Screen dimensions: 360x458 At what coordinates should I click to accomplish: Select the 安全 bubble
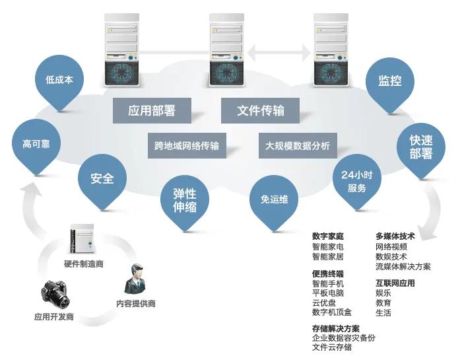[x=102, y=178]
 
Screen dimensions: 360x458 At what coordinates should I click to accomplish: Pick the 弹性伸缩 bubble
[x=185, y=199]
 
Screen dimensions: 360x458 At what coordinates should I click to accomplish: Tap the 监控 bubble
[x=389, y=81]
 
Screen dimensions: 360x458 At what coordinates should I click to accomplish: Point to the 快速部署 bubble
[x=420, y=147]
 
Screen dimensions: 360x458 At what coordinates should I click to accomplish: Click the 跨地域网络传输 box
[x=187, y=145]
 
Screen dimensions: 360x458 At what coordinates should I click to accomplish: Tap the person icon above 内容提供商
[x=135, y=279]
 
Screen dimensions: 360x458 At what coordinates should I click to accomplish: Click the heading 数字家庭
[x=328, y=236]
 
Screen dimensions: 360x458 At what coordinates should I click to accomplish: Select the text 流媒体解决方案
[x=403, y=266]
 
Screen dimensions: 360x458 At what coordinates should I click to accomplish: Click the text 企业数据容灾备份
[x=343, y=338]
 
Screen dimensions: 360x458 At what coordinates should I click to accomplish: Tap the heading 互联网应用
[x=395, y=283]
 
